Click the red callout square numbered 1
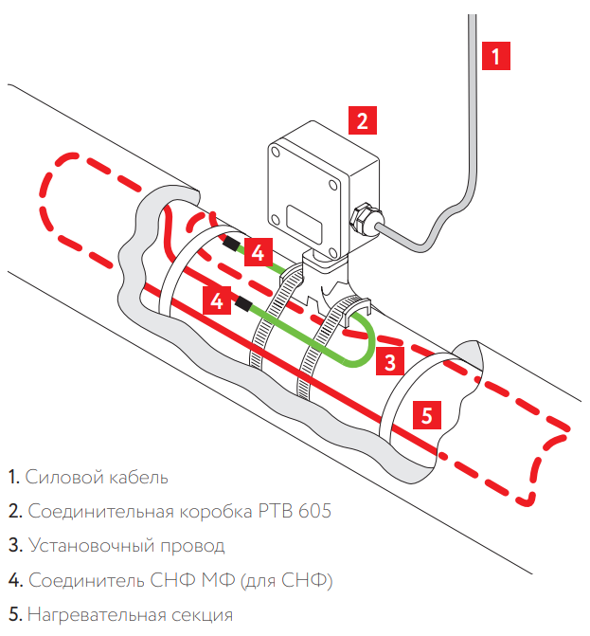[x=496, y=54]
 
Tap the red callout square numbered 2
[x=362, y=120]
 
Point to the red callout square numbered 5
[x=427, y=414]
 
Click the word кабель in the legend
[x=134, y=477]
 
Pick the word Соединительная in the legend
[x=100, y=512]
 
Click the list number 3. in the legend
[x=13, y=546]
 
